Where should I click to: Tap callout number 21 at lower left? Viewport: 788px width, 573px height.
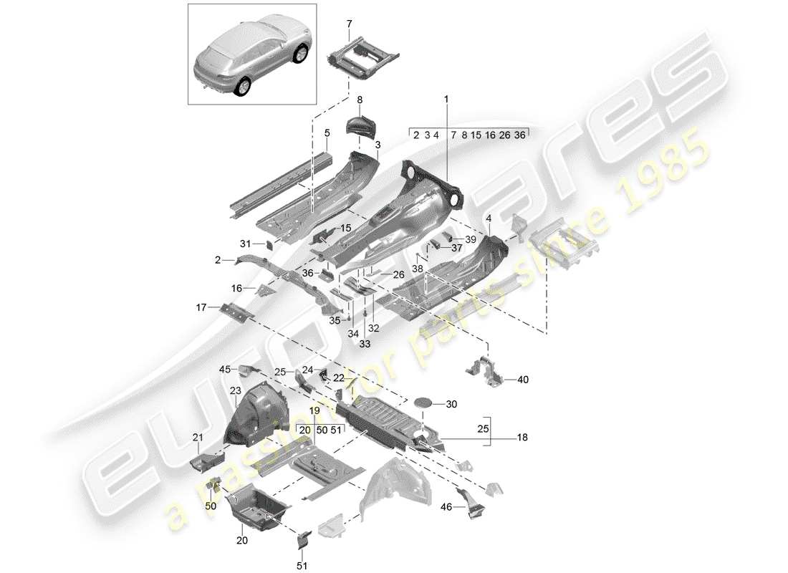[x=198, y=437]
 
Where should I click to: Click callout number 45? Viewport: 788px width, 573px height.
[x=224, y=369]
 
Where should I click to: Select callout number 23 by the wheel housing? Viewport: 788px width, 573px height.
[x=236, y=391]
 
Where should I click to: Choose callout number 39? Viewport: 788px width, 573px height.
[x=470, y=239]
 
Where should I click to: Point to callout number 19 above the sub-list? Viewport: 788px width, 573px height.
[x=314, y=411]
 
